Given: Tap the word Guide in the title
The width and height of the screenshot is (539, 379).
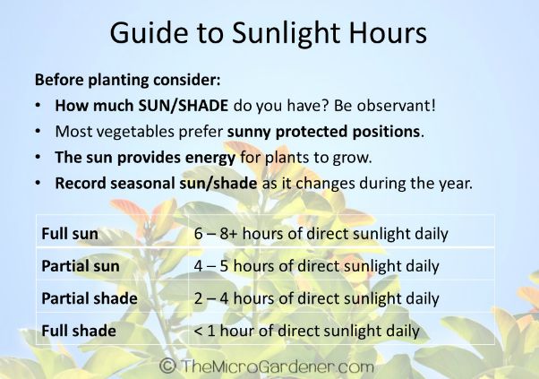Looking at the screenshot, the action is pos(149,32).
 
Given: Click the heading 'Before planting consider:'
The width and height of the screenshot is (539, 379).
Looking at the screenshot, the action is pos(127,80).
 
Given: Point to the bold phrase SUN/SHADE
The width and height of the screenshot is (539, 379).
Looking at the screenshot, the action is pos(184,106).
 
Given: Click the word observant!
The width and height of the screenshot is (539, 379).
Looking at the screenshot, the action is pos(396,105).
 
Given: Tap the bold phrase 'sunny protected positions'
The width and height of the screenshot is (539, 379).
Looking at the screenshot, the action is pos(323,132).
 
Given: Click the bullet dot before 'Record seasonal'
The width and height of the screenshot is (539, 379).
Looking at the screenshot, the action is pos(38,183).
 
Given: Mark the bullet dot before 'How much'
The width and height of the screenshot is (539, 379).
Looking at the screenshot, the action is pos(38,105).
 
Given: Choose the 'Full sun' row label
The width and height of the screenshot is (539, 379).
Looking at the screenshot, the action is pos(70,234).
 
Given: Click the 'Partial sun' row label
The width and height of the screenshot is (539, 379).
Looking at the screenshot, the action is pos(81,266).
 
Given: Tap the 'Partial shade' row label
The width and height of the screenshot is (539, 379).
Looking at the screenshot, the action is pos(90,298).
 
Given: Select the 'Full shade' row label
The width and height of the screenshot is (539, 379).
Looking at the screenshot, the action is pos(79,331).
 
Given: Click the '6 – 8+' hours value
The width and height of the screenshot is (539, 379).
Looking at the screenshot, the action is pos(216,234).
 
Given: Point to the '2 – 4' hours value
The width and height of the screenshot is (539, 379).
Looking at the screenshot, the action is pos(211,298).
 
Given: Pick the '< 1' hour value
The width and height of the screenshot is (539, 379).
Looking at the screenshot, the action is pos(204,331).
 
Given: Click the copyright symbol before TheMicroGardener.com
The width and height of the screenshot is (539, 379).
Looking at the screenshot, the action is pos(167,366).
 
